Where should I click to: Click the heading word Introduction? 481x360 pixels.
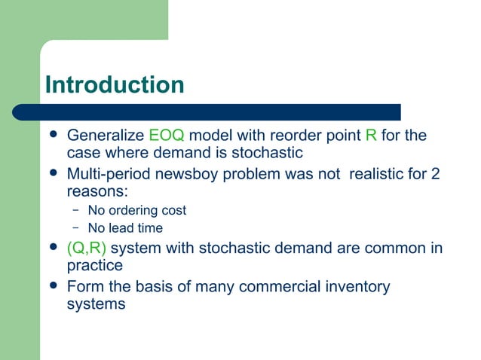point(114,84)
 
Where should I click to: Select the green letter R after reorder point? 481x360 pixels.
point(370,136)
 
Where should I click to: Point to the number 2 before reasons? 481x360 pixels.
point(435,175)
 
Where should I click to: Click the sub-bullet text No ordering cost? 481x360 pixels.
point(136,210)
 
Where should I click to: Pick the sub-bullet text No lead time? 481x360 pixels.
point(125,227)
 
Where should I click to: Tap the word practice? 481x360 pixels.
point(95,267)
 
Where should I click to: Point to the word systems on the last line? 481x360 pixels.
point(96,305)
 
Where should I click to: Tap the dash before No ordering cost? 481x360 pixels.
point(76,210)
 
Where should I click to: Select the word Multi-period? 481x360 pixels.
point(109,175)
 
